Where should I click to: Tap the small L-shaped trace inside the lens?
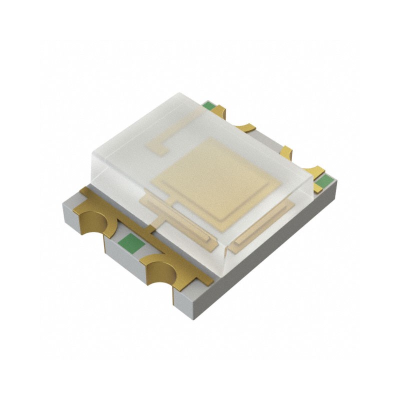[x=158, y=144]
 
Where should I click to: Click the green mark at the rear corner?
[x=208, y=106]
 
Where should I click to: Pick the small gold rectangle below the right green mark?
[x=318, y=188]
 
